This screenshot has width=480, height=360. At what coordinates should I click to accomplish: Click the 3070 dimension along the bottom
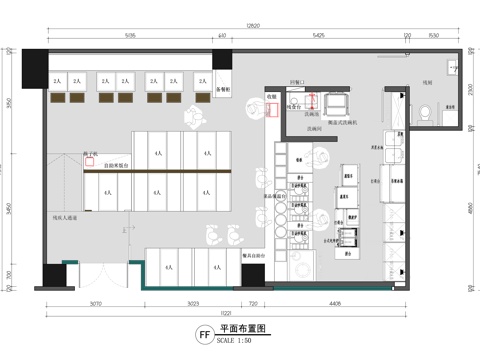[x=96, y=302]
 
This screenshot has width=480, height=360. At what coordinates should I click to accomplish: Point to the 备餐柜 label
[x=224, y=88]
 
